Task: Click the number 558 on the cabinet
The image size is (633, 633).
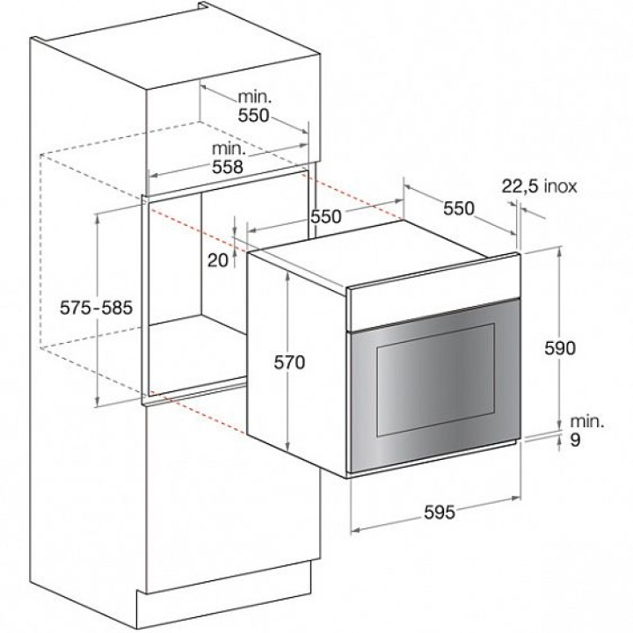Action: coord(228,167)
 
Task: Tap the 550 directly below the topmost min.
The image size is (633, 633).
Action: coord(253,115)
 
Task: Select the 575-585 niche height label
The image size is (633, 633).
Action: coord(96,308)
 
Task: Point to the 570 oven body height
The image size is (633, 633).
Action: coord(289,362)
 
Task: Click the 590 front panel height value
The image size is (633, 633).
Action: coord(560,348)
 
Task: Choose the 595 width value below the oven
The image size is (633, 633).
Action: coord(440,513)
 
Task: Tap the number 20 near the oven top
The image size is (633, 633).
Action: coord(218,260)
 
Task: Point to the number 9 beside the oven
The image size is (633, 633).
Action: coord(576,440)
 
